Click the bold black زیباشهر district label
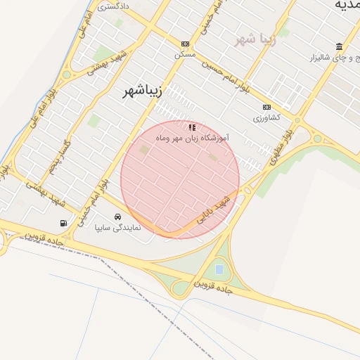click(143, 91)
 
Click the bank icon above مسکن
click(185, 44)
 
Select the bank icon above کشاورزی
click(266, 107)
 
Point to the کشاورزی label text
click(266, 117)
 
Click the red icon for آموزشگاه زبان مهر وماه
click(192, 127)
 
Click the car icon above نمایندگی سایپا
click(117, 217)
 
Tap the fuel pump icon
click(64, 224)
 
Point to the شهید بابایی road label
click(213, 210)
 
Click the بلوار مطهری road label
click(278, 148)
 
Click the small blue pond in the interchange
click(219, 269)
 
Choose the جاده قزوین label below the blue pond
click(213, 287)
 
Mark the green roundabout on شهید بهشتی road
click(67, 75)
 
